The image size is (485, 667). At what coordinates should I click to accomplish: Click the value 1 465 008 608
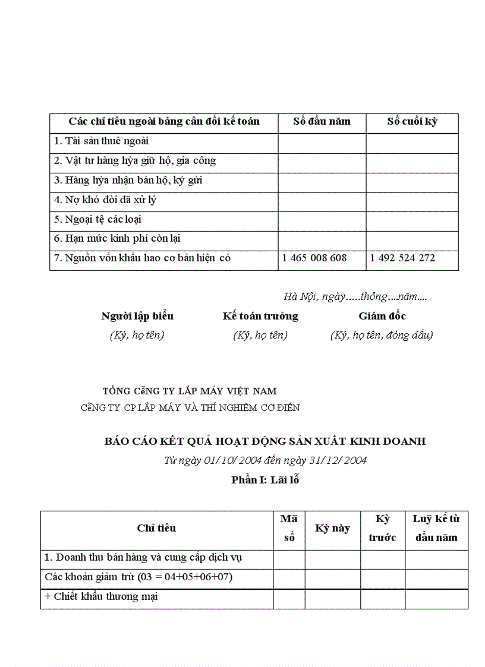pos(314,258)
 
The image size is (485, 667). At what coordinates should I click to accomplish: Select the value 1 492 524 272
pos(402,258)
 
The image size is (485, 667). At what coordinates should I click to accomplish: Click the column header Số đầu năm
pos(322,122)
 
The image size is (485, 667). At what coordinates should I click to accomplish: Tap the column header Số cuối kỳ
pos(412,122)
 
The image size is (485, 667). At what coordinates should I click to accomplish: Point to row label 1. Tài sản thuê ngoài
pos(101,141)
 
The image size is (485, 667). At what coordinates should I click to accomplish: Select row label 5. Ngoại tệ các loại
pos(97,219)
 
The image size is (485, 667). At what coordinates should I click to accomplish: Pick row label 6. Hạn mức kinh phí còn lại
pos(117,239)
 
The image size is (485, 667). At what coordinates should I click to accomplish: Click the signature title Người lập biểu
pos(137,316)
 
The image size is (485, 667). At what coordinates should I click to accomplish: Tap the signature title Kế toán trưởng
pos(260,316)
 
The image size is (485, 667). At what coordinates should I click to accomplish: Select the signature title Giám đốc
pos(382,316)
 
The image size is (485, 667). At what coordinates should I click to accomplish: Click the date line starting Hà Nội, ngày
pos(355,296)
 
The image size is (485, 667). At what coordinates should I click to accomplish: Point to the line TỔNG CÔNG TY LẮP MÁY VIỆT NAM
pos(190,391)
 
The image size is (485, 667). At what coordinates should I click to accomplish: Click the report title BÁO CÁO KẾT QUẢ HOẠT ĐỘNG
pos(265,441)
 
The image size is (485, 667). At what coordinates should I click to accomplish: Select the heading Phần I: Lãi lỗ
pos(265,480)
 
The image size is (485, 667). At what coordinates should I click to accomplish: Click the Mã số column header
pos(289,528)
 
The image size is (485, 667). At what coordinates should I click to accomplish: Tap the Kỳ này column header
pos(332,528)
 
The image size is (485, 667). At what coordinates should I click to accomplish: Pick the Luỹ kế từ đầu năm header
pos(436,528)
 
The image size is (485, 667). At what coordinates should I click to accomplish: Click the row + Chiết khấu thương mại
pos(101,597)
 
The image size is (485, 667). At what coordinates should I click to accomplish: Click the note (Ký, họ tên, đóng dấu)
pos(382,335)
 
